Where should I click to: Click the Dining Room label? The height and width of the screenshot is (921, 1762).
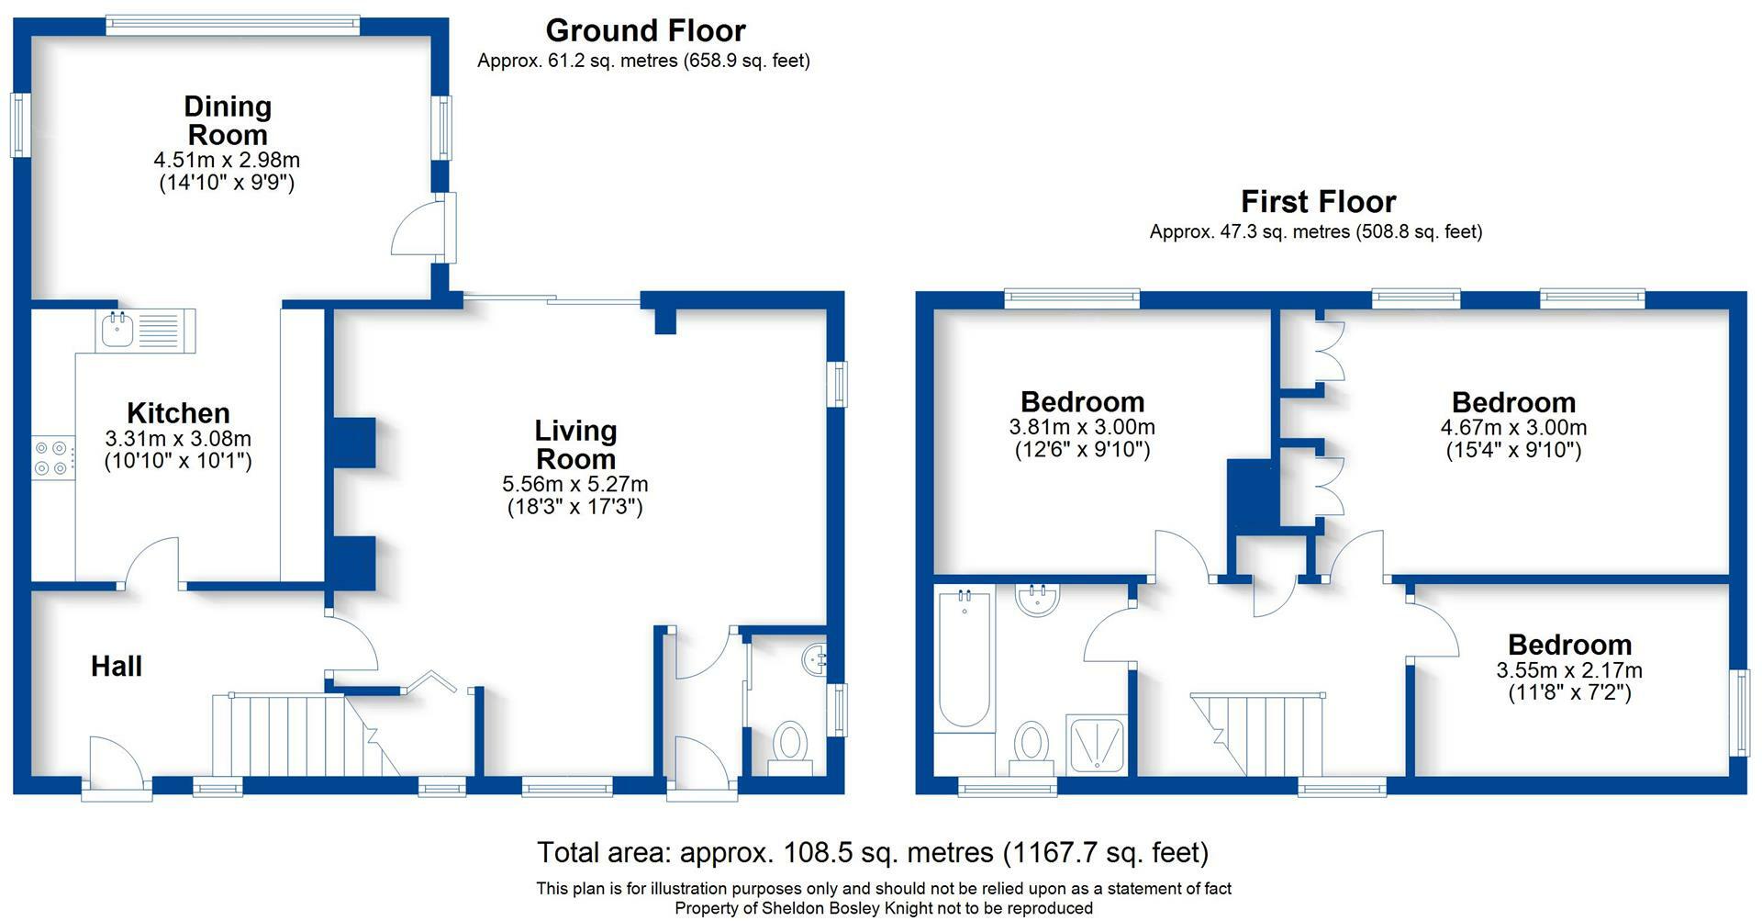(228, 120)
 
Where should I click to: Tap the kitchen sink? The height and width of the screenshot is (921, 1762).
(145, 331)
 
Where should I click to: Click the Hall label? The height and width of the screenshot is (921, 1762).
(117, 666)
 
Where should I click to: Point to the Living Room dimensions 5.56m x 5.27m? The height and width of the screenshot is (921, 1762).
(575, 484)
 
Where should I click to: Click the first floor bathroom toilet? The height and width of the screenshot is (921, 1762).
(1032, 747)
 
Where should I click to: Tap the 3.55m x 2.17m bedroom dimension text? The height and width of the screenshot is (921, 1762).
(1569, 670)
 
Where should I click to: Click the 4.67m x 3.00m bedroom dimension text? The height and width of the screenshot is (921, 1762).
(1513, 427)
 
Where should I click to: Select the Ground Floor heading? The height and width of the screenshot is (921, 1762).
(645, 30)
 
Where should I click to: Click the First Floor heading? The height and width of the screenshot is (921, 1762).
(1318, 201)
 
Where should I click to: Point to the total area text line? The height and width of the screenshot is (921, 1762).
(873, 853)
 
